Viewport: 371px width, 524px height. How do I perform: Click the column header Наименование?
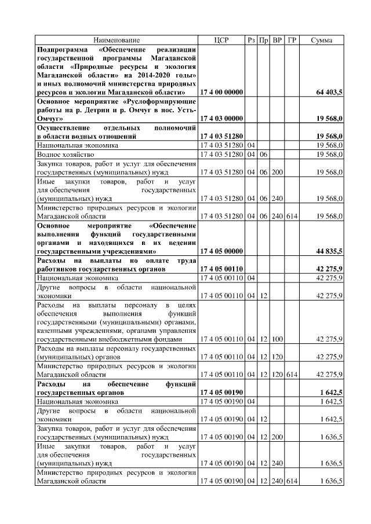[x=117, y=40]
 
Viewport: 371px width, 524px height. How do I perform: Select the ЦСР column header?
[x=221, y=40]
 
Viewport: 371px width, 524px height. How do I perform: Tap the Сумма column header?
[x=321, y=40]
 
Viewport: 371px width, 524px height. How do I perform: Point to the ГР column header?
[x=292, y=40]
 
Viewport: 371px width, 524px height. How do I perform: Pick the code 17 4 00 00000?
[x=221, y=92]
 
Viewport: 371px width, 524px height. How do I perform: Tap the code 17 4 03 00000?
[x=221, y=118]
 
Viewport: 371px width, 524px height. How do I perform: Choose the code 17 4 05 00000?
[x=221, y=251]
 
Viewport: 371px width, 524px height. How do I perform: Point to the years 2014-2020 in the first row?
[x=157, y=75]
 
